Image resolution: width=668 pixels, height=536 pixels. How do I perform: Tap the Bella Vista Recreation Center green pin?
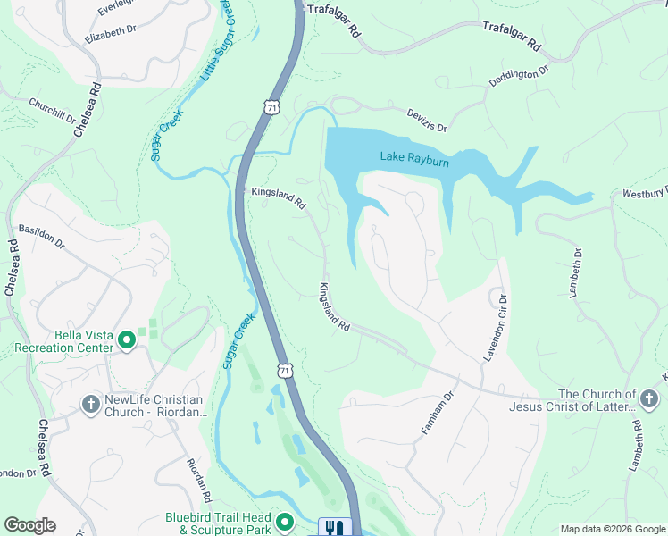pyautogui.click(x=127, y=339)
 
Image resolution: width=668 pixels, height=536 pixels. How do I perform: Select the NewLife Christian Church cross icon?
pyautogui.click(x=90, y=405)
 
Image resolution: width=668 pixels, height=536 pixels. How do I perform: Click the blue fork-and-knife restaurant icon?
pyautogui.click(x=336, y=527)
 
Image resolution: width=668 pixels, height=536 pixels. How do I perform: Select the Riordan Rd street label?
pyautogui.click(x=198, y=479)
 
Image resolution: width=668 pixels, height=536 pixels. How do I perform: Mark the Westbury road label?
pyautogui.click(x=645, y=192)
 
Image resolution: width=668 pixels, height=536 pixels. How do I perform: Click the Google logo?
pyautogui.click(x=29, y=525)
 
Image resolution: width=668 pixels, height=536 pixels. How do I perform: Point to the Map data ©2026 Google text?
pyautogui.click(x=612, y=529)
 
